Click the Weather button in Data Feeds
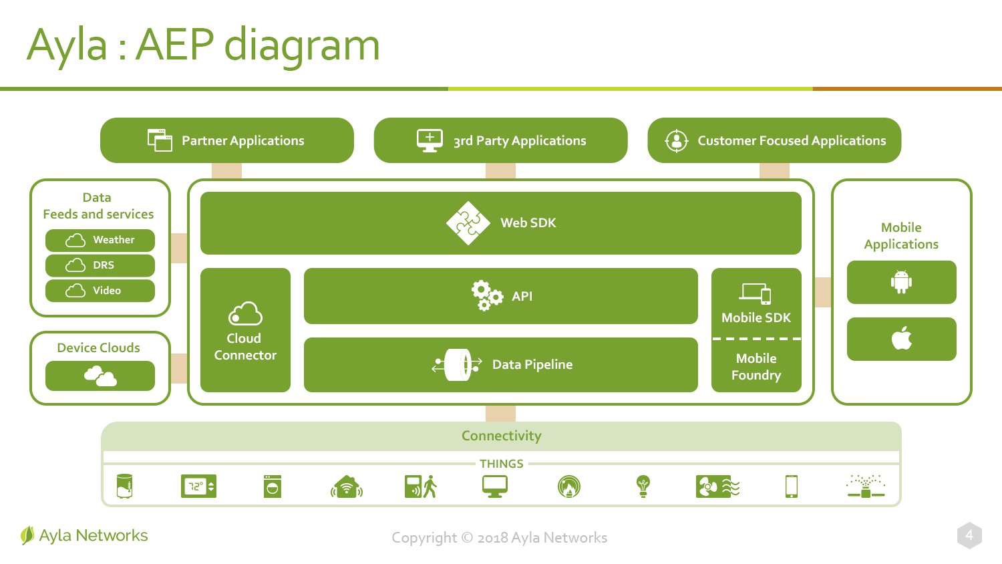100,241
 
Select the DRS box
100,265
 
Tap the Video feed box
100,291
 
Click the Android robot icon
901,282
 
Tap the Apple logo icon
901,338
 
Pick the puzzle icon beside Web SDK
468,223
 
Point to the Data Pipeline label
532,364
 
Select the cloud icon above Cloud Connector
245,313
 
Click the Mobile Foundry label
756,367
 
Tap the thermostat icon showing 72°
198,486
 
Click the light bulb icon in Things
643,486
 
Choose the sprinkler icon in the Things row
866,486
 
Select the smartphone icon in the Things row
792,486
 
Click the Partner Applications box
227,140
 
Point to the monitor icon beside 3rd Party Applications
430,140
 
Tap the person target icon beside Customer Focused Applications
676,141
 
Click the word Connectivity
502,436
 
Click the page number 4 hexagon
969,535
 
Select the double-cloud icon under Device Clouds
100,376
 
